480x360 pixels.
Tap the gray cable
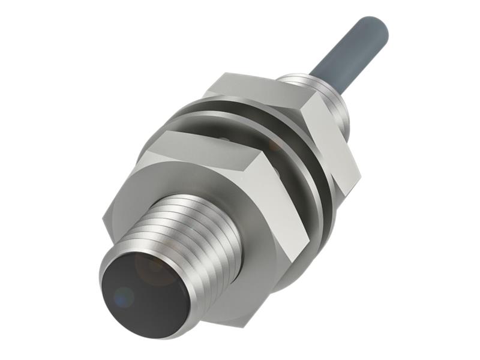[x=348, y=48]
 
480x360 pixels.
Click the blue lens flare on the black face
[x=123, y=295]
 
